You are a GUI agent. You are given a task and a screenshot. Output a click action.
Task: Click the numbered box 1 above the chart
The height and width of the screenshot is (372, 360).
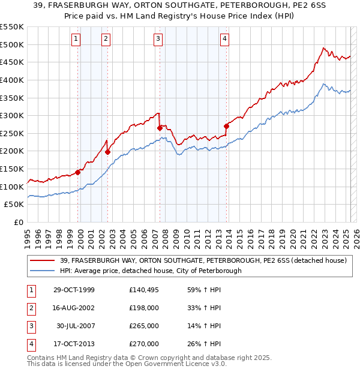[x=76, y=40]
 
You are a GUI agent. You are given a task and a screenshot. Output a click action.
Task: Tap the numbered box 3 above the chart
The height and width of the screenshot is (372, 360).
[x=158, y=40]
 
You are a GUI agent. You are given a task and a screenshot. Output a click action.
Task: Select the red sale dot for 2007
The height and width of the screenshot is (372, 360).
[x=160, y=128]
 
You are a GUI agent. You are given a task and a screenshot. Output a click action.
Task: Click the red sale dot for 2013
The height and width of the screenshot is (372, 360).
[x=226, y=126]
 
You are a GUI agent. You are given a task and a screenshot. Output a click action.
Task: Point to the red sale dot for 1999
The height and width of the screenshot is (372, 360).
[x=78, y=172]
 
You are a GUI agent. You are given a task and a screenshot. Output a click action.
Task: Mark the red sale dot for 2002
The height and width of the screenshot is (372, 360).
[x=108, y=152]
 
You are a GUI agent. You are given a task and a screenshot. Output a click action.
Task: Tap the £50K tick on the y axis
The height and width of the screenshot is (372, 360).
[x=14, y=205]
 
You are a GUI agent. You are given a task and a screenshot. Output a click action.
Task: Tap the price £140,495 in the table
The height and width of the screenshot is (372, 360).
[x=144, y=290]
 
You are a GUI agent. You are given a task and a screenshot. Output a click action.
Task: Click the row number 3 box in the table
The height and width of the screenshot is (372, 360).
[x=31, y=326]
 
